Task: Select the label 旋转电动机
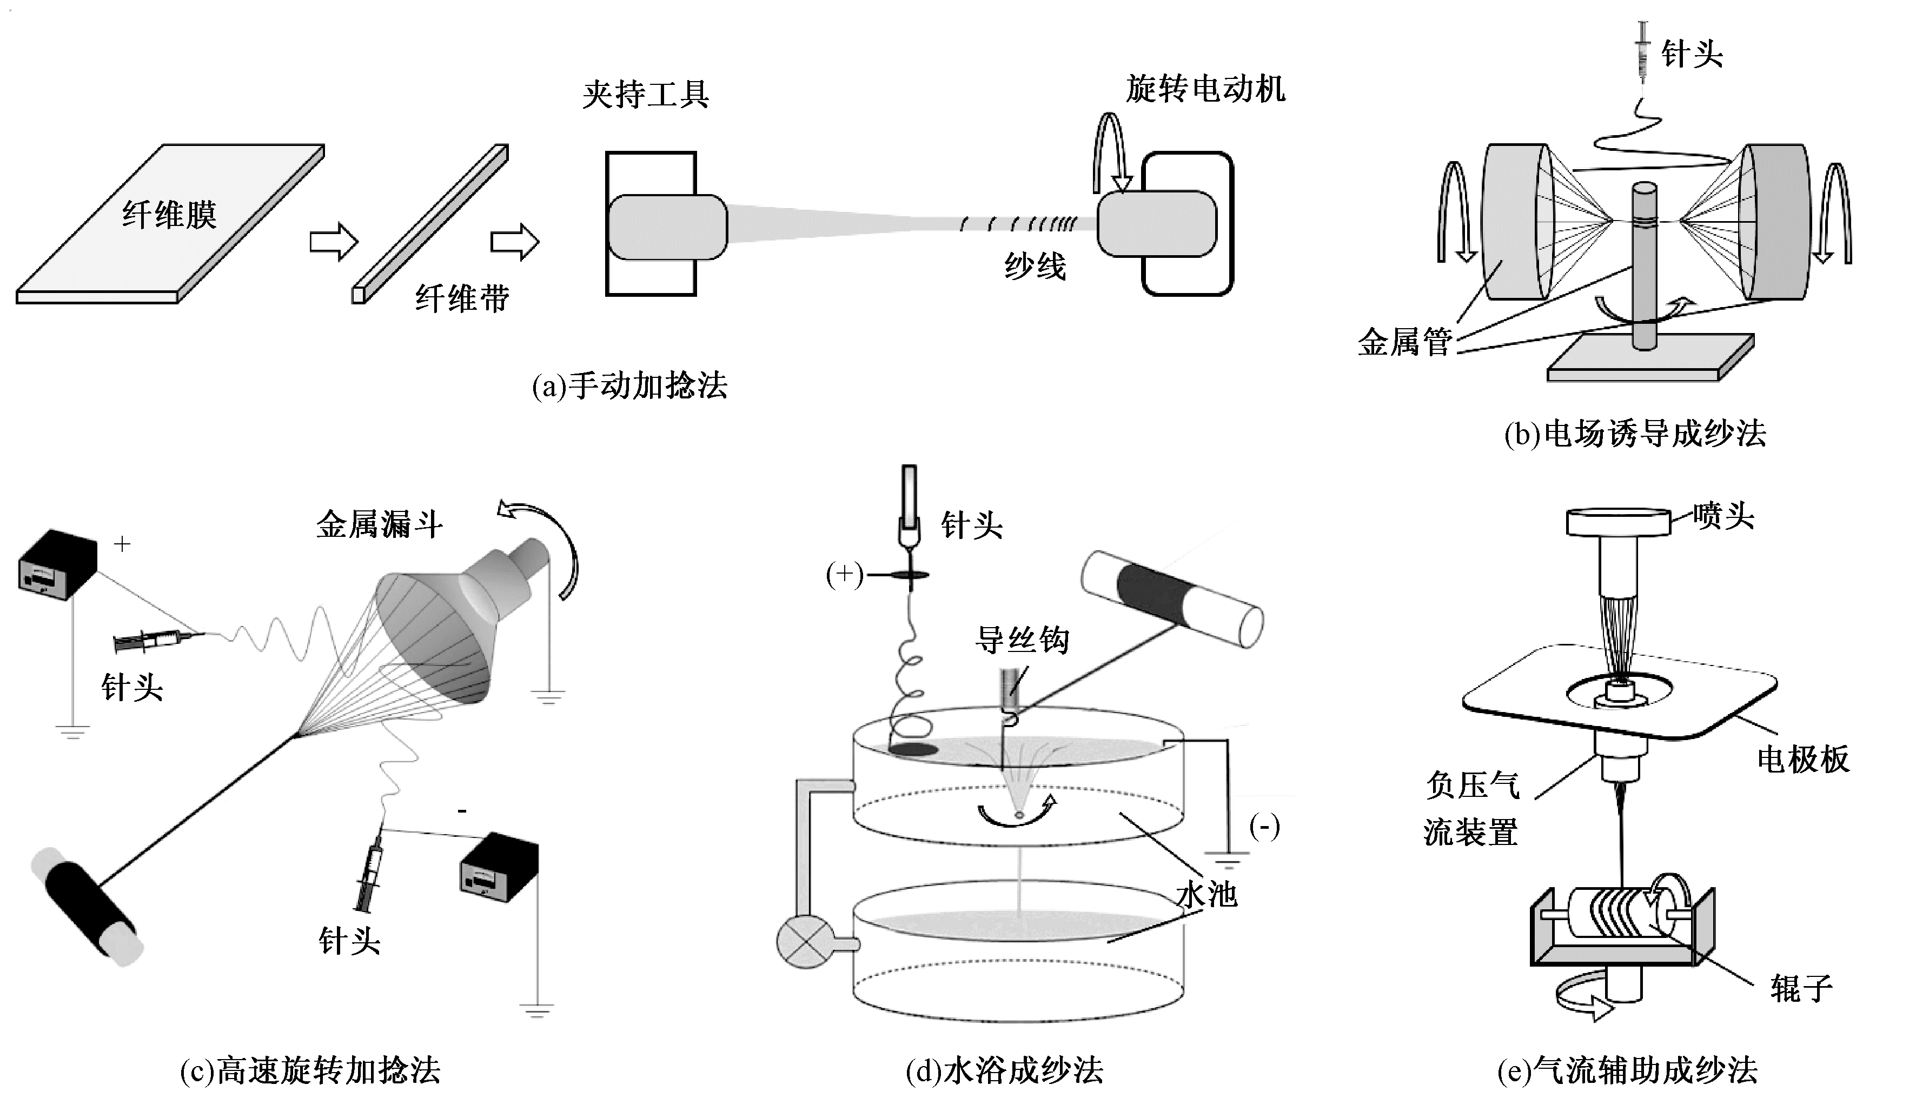[1205, 90]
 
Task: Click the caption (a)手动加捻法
[630, 386]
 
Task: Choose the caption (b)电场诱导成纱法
[1635, 434]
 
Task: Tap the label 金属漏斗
[379, 524]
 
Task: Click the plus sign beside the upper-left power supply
[122, 544]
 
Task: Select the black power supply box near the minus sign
[499, 867]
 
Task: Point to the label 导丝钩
[1022, 640]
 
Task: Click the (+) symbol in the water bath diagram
[844, 575]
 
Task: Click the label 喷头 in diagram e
[1723, 517]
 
